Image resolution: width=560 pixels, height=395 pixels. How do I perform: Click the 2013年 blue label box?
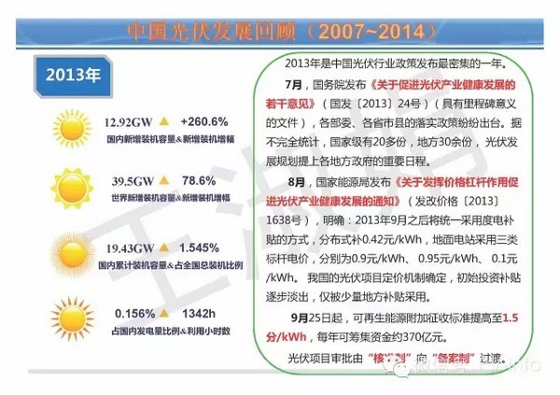point(73,71)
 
